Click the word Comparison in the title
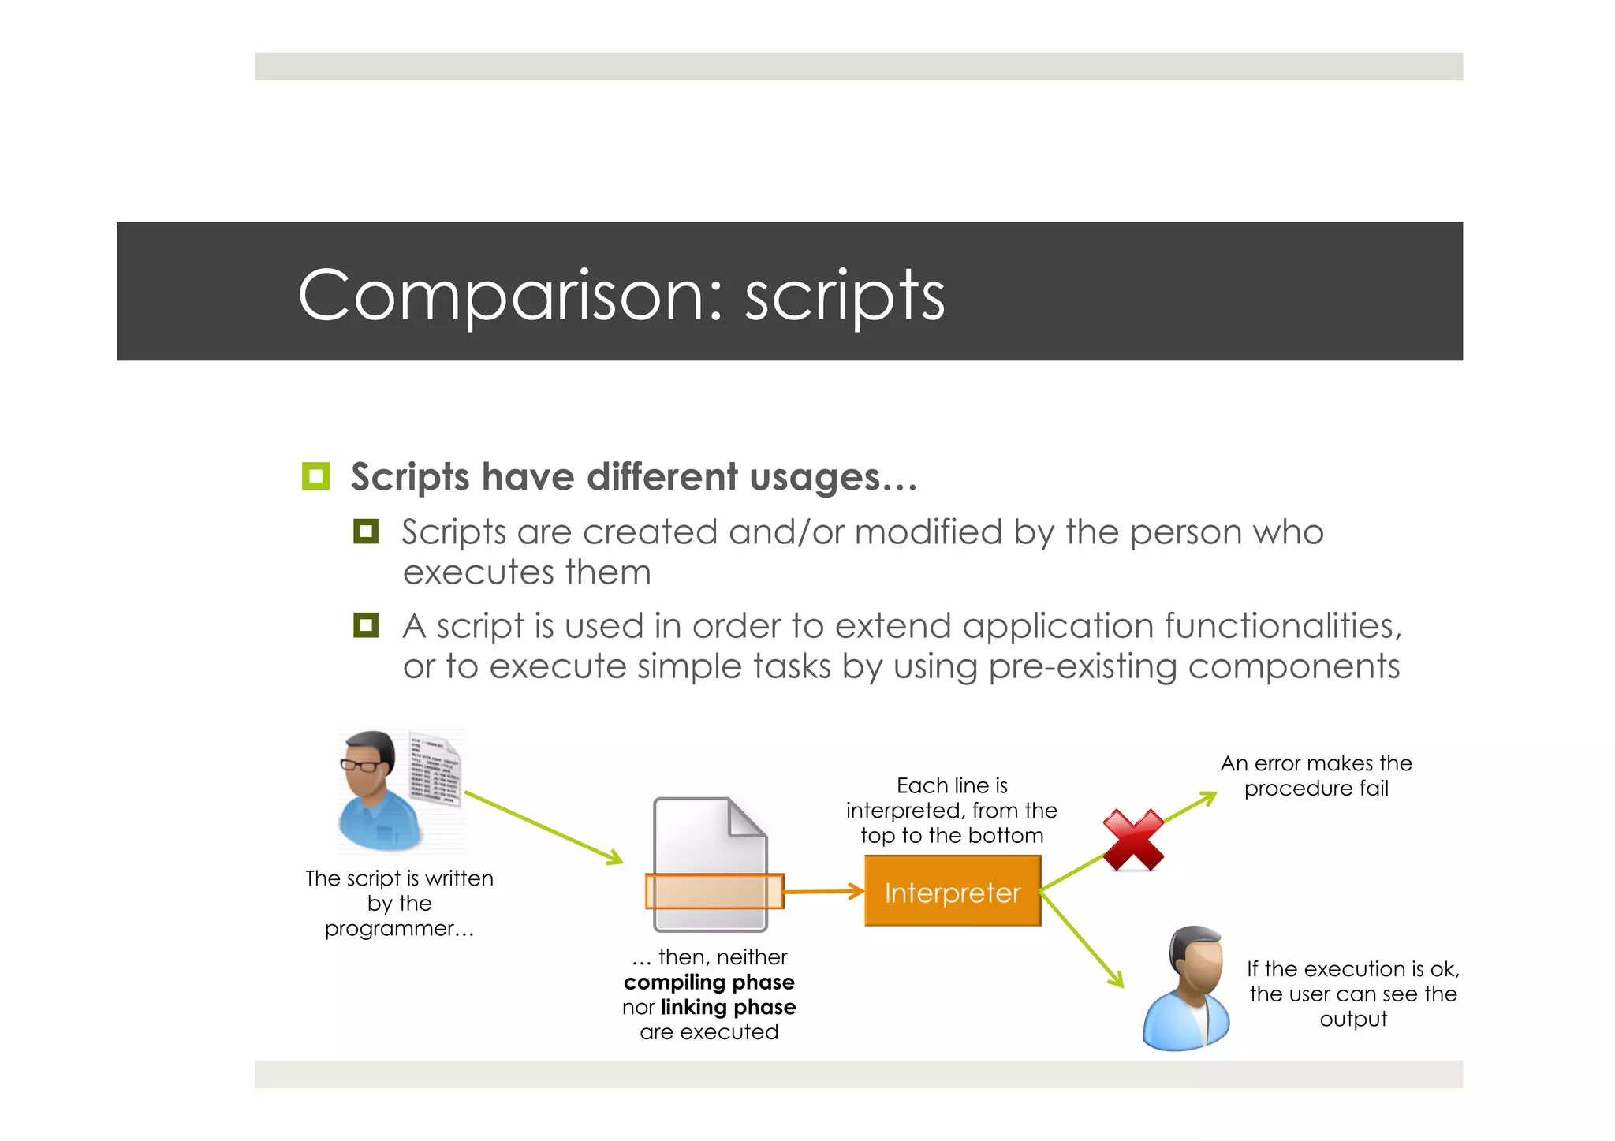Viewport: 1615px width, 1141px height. click(509, 296)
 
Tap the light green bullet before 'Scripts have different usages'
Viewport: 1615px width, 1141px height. click(315, 476)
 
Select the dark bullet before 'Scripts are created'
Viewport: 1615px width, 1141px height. click(365, 531)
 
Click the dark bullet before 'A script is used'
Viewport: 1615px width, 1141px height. click(365, 625)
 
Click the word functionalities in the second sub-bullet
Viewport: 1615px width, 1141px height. click(1283, 626)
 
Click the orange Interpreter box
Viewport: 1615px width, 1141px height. click(952, 892)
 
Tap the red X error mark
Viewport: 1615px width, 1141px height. click(1133, 840)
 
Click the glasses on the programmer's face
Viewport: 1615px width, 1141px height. click(360, 764)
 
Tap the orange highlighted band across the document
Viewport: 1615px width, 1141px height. click(714, 892)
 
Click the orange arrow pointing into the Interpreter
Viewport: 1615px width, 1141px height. click(825, 892)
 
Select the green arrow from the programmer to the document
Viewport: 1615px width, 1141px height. click(544, 828)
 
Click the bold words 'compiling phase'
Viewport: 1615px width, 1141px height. click(709, 983)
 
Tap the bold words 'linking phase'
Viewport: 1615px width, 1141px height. click(728, 1007)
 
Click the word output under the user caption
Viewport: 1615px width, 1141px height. click(1353, 1019)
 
